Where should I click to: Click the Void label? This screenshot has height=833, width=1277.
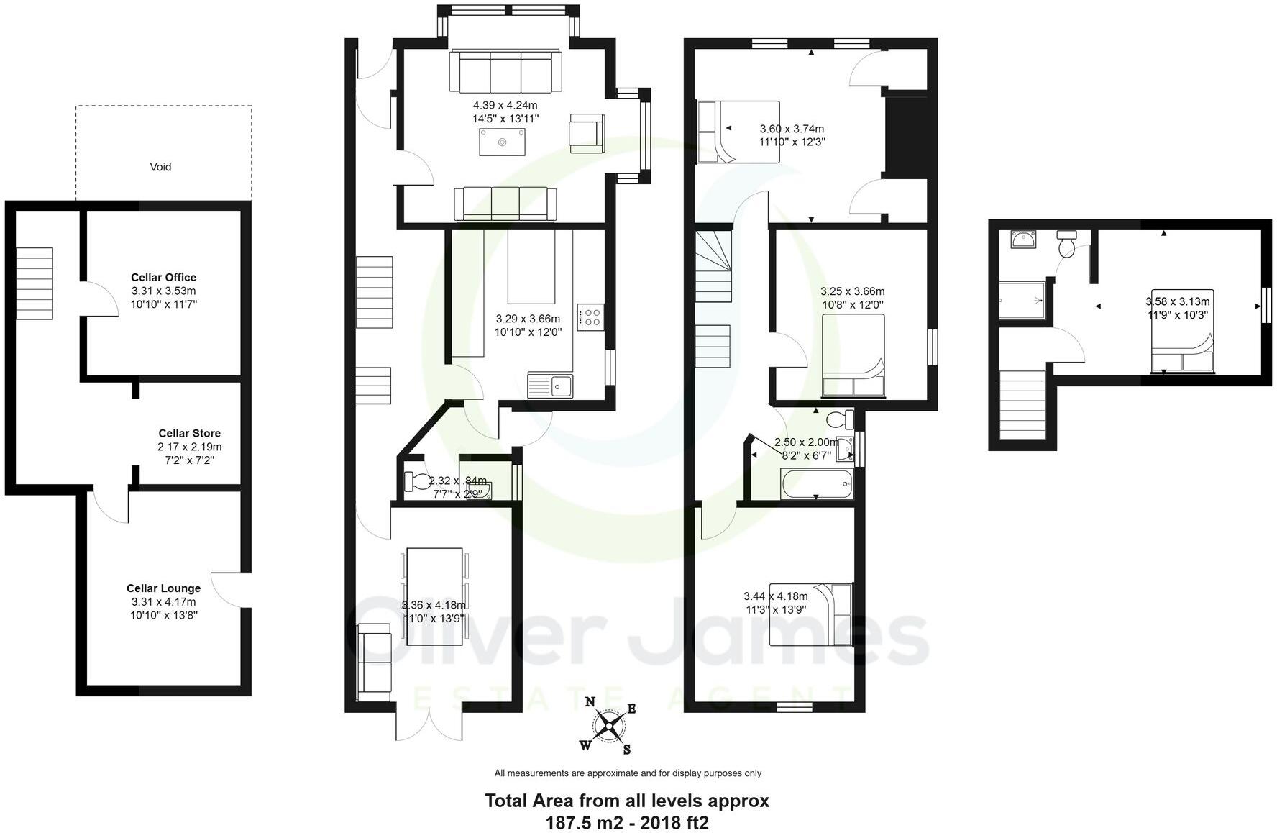point(160,167)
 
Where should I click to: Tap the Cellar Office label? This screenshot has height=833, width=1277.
point(163,277)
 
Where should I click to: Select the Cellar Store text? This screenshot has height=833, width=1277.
point(189,433)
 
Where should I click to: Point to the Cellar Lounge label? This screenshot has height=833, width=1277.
point(163,588)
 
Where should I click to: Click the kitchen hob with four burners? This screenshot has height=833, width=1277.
point(592,317)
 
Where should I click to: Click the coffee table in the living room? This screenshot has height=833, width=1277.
point(502,142)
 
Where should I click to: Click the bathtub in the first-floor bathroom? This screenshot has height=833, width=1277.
point(816,484)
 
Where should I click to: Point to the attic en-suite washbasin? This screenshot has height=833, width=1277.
point(1022,240)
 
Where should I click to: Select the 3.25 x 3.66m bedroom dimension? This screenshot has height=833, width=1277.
point(852,291)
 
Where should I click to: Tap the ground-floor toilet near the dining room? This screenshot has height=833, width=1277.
point(416,481)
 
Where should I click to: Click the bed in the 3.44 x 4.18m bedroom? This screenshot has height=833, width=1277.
point(810,614)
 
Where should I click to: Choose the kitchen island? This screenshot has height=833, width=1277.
point(532,266)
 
